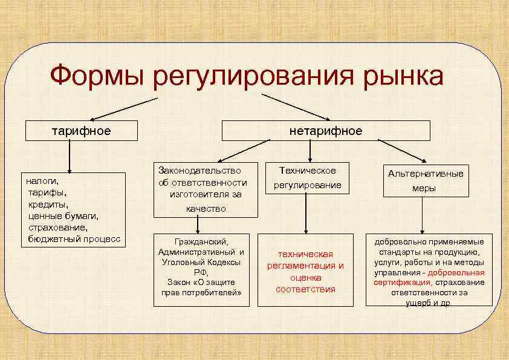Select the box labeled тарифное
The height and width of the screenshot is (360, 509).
pos(80,131)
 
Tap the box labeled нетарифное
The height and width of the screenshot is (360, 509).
pos(326,131)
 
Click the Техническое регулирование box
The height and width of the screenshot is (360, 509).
pos(307,178)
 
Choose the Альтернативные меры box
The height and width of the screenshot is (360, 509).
pos(426,181)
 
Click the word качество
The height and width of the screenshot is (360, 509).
pos(206,208)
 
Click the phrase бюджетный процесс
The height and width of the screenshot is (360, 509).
pos(74,238)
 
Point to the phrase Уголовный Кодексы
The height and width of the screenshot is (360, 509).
pos(201,262)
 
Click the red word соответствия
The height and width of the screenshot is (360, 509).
pos(305,289)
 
